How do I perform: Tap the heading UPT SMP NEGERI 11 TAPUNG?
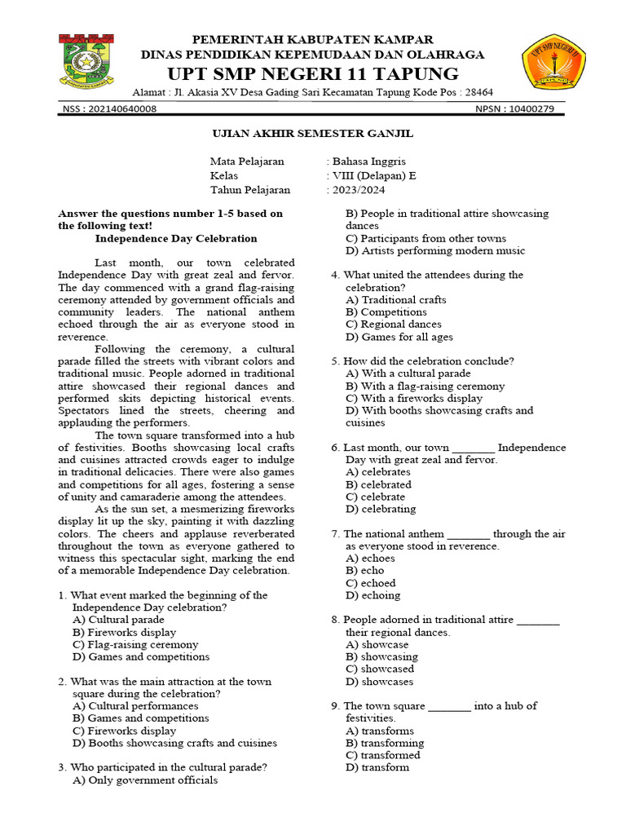click(312, 72)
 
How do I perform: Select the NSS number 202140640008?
click(121, 109)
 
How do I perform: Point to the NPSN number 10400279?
click(531, 109)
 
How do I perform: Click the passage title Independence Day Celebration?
click(176, 239)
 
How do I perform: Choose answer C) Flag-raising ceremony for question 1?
click(135, 644)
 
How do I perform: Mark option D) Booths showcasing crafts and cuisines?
click(174, 743)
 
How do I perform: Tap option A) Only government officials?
click(145, 780)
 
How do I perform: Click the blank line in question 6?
click(473, 448)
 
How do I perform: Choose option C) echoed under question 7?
click(371, 583)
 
